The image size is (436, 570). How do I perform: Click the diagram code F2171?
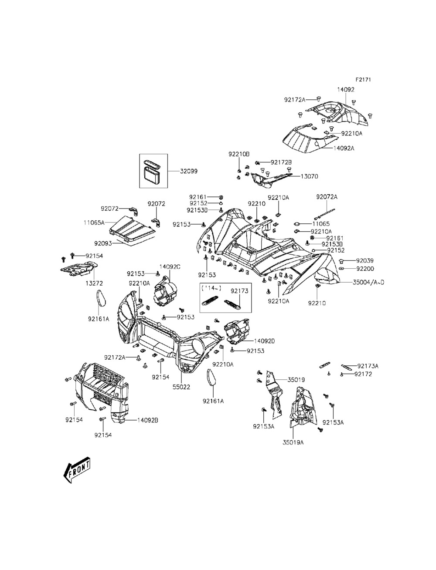click(363, 80)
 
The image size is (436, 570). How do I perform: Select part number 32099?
click(189, 172)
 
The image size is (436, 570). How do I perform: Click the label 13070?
click(309, 177)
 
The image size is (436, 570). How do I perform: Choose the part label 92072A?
click(327, 197)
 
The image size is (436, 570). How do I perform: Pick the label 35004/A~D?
click(368, 282)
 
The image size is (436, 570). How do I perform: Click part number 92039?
click(365, 261)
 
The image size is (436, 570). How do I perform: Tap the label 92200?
click(365, 269)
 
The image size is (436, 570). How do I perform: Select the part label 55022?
click(181, 387)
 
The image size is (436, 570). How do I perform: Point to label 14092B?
click(147, 420)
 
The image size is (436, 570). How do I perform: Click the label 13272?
click(94, 283)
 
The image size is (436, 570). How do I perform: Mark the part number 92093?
click(103, 243)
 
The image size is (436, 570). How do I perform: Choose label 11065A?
click(94, 223)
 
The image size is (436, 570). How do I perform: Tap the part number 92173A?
click(368, 366)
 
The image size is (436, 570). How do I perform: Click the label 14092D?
click(264, 341)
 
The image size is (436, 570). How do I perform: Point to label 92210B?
click(239, 154)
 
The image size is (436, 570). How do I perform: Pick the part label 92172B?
click(281, 162)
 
